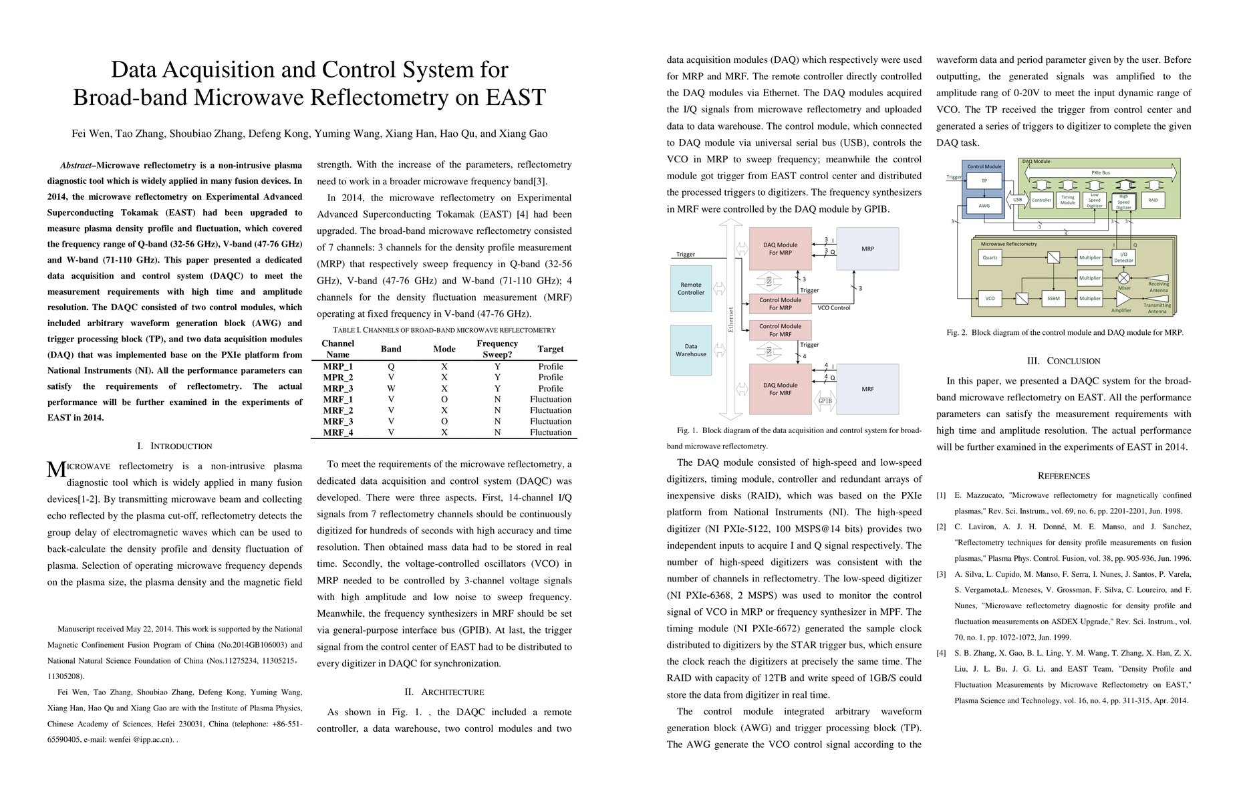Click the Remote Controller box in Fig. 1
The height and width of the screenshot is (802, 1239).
coord(691,289)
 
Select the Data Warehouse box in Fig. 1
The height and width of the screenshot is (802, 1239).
coord(691,350)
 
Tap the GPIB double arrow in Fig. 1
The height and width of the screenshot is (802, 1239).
coord(825,401)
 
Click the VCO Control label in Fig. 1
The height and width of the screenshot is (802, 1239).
coord(834,308)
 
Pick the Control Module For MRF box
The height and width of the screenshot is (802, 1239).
coord(780,330)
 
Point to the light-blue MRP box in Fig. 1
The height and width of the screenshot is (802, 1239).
coord(867,249)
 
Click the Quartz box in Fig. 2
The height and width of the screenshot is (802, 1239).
coord(990,257)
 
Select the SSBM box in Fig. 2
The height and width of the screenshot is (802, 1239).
coord(1053,299)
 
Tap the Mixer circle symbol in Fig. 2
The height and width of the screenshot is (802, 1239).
coord(1124,278)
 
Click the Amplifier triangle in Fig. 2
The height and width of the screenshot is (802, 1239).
coord(1122,299)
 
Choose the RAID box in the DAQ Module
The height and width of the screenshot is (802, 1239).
coord(1153,200)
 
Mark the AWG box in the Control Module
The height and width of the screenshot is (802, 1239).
coord(984,206)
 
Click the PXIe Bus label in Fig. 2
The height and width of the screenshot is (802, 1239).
coord(1101,173)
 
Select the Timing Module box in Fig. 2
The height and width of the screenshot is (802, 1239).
coord(1068,200)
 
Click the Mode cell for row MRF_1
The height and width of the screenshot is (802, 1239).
coord(444,400)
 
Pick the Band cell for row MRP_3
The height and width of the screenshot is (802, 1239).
coord(391,388)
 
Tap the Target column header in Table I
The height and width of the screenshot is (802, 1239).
coord(551,349)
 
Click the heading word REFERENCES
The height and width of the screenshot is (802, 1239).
coord(1063,477)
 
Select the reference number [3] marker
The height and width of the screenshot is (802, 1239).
coord(941,574)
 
